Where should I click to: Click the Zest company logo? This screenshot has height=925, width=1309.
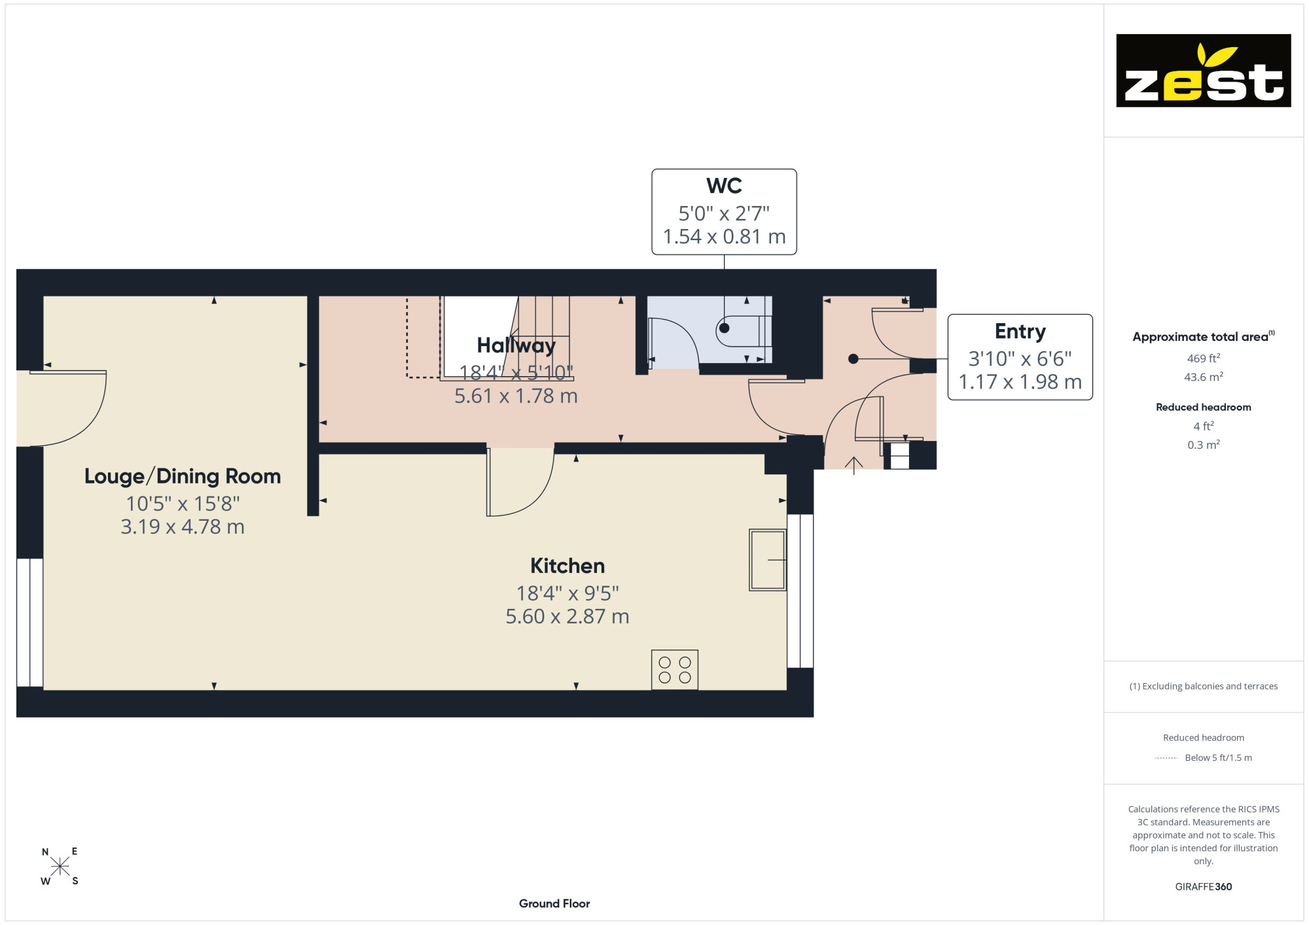(x=1203, y=71)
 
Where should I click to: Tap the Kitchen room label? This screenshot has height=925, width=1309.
(x=567, y=566)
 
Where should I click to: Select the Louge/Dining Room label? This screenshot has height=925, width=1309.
(x=183, y=476)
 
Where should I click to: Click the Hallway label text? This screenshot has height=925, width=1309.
(x=516, y=345)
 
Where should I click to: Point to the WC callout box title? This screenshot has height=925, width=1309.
(x=724, y=186)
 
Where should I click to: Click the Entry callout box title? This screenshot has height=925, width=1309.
(x=1020, y=332)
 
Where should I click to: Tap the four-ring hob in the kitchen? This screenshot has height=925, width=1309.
(x=675, y=670)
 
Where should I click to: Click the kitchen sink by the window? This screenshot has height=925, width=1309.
(x=768, y=560)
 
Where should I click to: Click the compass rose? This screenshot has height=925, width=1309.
(x=60, y=867)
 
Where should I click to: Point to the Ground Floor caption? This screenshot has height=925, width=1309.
(x=554, y=903)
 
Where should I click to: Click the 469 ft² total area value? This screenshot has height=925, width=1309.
(x=1204, y=358)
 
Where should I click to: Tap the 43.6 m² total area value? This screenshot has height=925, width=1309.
(x=1204, y=377)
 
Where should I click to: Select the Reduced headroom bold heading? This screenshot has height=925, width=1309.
(x=1204, y=407)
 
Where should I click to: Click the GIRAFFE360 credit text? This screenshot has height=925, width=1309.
(x=1204, y=887)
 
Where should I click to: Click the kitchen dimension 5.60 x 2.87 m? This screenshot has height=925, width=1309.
(x=567, y=616)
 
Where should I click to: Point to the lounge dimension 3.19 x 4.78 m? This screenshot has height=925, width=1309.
(x=183, y=527)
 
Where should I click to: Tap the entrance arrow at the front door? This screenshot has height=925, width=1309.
(x=853, y=465)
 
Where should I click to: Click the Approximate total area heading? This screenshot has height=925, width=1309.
(x=1204, y=336)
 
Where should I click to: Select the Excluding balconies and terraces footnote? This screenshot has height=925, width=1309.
(x=1204, y=686)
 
